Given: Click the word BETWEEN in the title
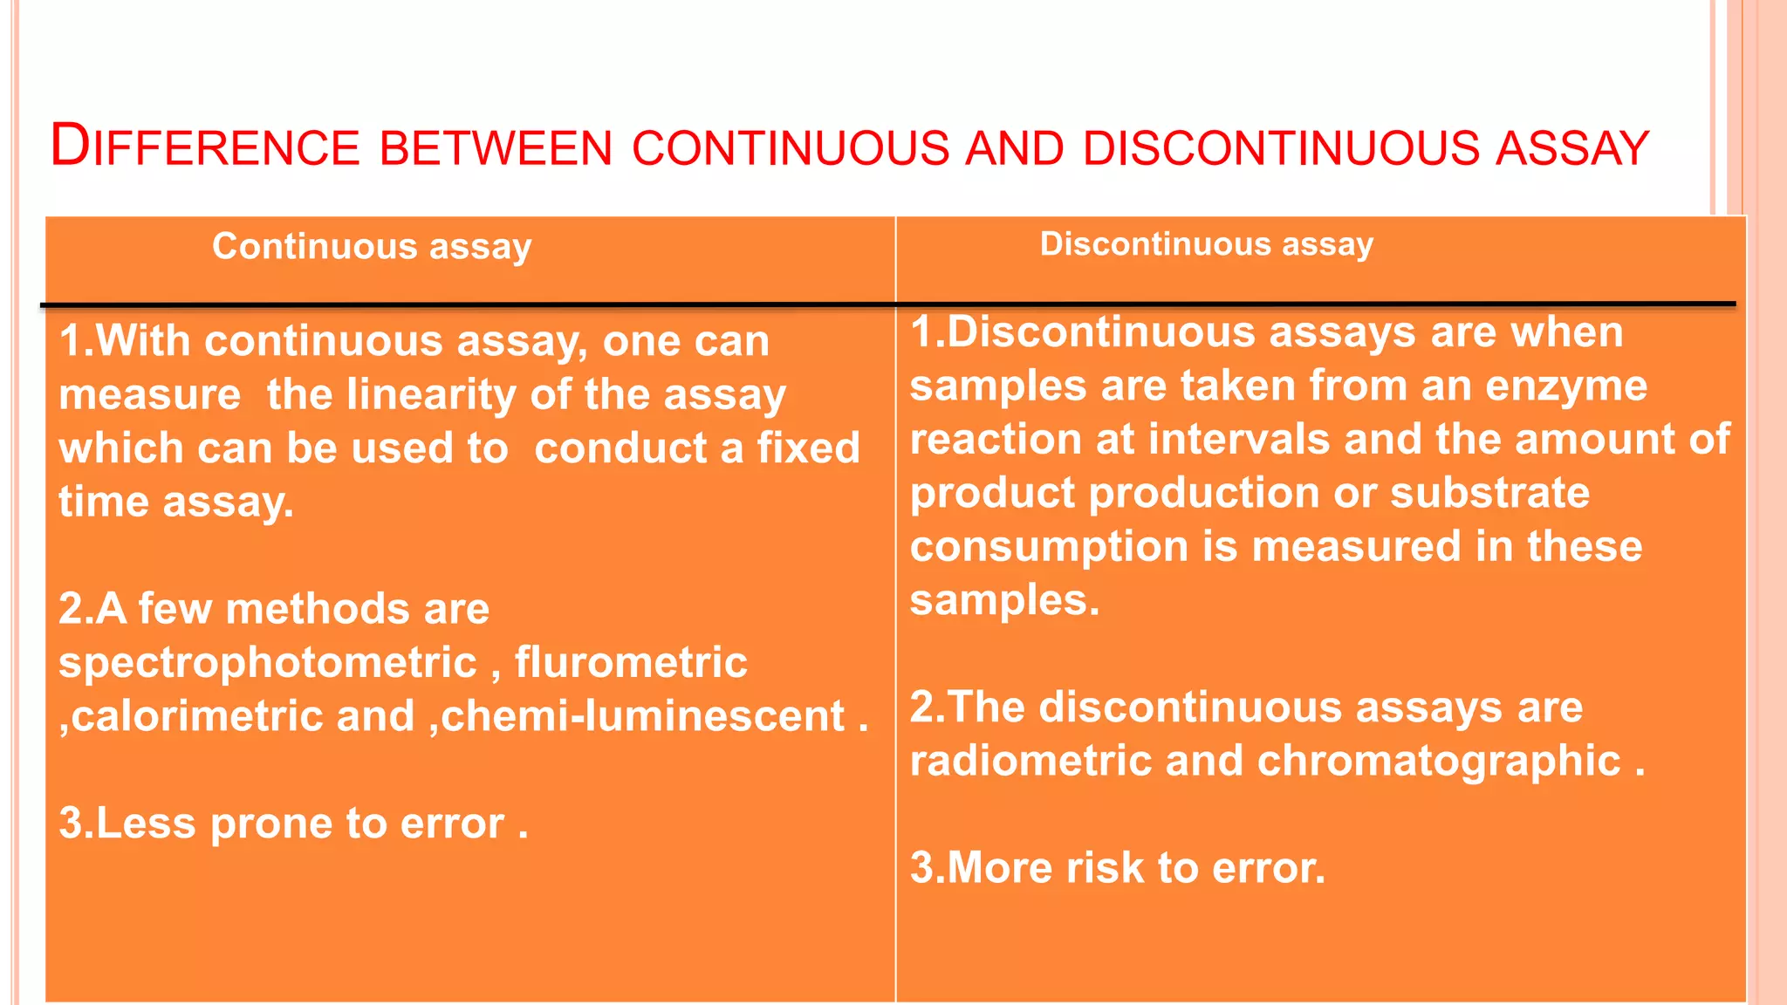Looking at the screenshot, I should pyautogui.click(x=496, y=148).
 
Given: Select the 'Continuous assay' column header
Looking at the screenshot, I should pyautogui.click(x=372, y=247).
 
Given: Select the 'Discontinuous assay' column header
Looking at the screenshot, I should pyautogui.click(x=1206, y=244).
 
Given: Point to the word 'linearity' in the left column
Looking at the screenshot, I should pyautogui.click(x=431, y=394).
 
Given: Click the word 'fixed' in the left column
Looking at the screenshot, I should pyautogui.click(x=808, y=448).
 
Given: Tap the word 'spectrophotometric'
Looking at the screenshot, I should pyautogui.click(x=268, y=663).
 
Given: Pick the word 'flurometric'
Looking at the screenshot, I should pyautogui.click(x=631, y=663).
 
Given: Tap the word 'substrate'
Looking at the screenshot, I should pyautogui.click(x=1489, y=494).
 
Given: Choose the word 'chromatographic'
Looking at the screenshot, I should pyautogui.click(x=1439, y=761).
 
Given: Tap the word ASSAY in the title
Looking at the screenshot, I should pyautogui.click(x=1571, y=148).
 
